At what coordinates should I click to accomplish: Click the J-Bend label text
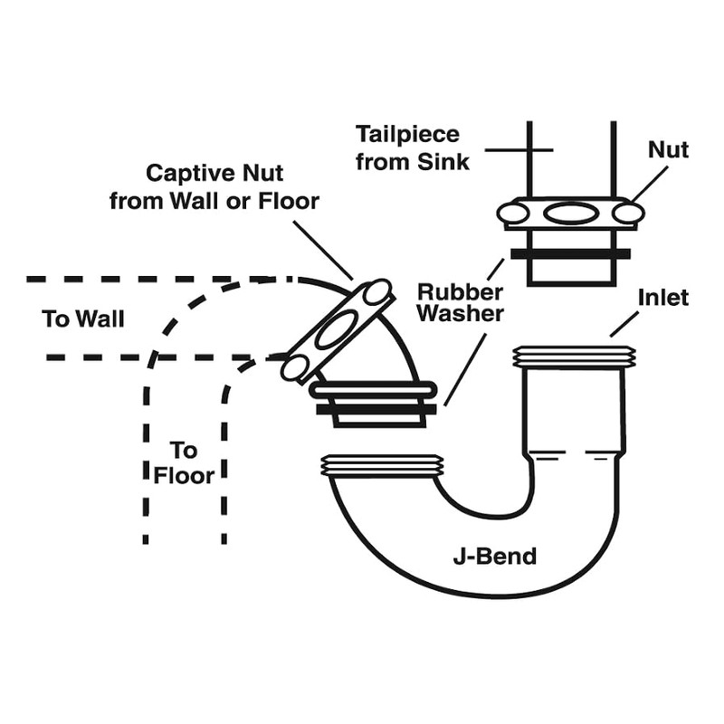[494, 556]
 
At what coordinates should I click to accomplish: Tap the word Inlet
[663, 297]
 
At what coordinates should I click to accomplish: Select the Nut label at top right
[668, 150]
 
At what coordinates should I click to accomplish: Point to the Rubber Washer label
[460, 303]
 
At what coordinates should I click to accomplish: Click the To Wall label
[83, 319]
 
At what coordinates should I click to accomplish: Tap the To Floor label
[184, 462]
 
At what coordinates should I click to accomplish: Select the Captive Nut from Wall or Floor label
[214, 186]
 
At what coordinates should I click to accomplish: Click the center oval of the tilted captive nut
[334, 329]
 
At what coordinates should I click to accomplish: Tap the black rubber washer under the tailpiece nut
[569, 254]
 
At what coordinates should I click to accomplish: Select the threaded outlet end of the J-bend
[384, 466]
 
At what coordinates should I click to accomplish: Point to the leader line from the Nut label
[650, 184]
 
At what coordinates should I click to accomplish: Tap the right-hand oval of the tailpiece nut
[627, 214]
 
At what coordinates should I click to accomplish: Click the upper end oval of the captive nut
[375, 292]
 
